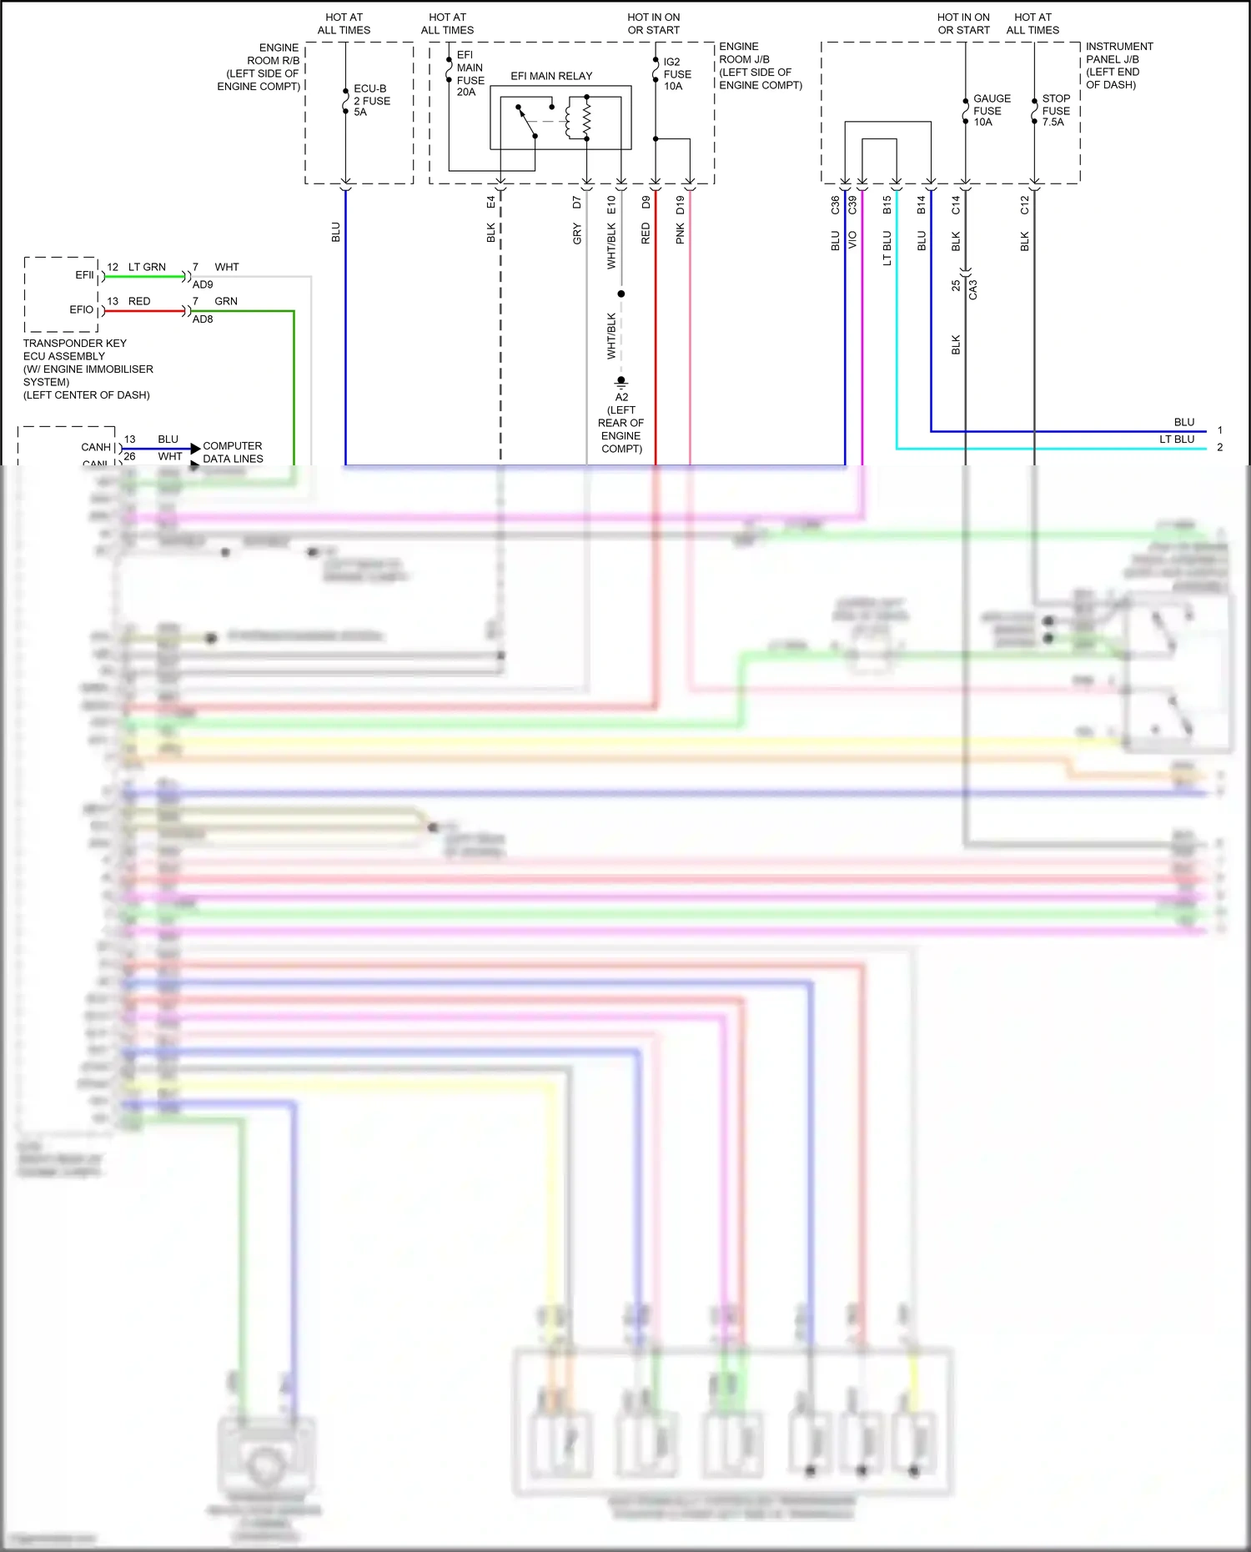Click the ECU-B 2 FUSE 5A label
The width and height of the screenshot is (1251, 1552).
pos(371,100)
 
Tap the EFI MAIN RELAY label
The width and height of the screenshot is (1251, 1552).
pos(551,76)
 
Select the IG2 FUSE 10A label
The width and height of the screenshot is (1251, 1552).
pos(676,74)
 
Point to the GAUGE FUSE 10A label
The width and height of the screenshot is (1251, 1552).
pos(991,110)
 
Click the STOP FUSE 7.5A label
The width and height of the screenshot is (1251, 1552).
pos(1055,110)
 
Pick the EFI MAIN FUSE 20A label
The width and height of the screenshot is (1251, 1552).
pos(470,73)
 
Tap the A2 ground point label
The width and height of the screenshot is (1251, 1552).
pos(621,398)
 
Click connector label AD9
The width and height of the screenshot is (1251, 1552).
pos(203,284)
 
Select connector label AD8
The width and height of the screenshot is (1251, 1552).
pos(203,319)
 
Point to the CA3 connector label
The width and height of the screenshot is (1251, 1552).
pos(972,289)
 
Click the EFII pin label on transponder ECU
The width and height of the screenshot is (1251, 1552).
pos(84,275)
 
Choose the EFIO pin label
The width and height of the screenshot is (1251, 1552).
pos(81,309)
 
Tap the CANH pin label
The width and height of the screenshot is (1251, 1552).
pos(96,448)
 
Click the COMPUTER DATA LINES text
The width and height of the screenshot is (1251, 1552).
pos(233,453)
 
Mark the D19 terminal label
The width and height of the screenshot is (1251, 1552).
pos(681,204)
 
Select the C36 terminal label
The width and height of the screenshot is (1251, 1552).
pos(835,204)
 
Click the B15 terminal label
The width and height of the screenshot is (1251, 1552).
pos(887,204)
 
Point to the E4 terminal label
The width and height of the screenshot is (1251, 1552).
pos(491,202)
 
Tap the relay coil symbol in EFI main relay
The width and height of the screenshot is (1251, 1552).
pos(586,118)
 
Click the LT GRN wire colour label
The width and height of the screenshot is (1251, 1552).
pos(147,268)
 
